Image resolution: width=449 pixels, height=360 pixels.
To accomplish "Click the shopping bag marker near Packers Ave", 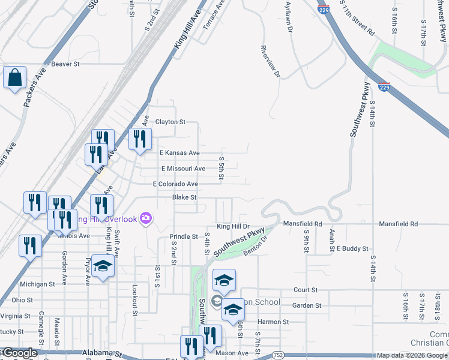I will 14,79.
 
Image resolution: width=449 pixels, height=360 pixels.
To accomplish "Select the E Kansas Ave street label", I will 179,153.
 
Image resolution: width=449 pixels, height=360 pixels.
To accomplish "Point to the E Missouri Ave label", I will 183,169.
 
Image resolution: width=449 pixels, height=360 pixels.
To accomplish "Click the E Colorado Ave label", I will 175,184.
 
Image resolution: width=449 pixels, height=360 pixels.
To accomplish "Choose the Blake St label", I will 184,197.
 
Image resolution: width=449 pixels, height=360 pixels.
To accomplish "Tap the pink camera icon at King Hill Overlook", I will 145,218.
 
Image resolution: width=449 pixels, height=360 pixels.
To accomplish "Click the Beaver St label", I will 65,64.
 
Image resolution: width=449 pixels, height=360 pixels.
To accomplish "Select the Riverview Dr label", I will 270,61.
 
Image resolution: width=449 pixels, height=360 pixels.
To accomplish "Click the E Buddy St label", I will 352,248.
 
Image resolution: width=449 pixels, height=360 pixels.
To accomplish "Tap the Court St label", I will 305,290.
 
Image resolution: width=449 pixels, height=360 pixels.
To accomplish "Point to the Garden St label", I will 307,305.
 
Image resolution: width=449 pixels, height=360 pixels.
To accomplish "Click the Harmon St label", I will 273,322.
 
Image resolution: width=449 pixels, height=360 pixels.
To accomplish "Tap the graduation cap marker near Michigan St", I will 103,266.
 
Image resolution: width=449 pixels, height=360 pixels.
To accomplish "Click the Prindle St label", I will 183,236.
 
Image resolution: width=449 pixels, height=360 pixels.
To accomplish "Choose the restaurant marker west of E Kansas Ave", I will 140,140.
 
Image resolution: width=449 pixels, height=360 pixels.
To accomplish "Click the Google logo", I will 20,353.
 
